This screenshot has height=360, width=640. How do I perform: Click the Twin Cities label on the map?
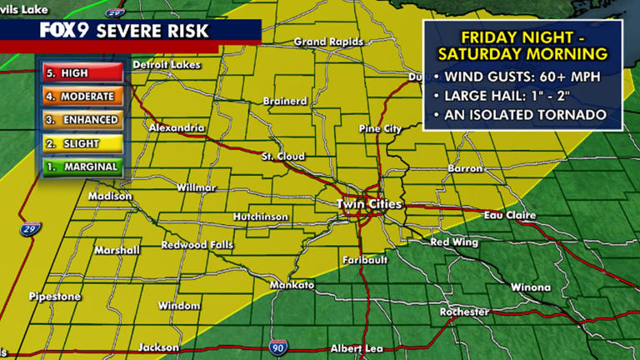coord(369,204)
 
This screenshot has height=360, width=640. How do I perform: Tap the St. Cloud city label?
coord(283,157)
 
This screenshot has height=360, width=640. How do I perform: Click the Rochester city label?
coord(464,312)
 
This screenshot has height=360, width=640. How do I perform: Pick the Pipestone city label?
coord(55,297)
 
